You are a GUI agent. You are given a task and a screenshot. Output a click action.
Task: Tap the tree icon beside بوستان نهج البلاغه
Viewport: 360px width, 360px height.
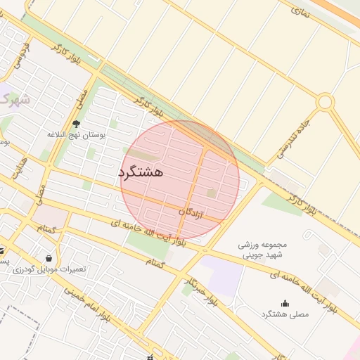click(77, 124)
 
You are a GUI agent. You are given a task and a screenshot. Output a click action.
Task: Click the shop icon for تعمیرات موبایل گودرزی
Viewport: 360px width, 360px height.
click(48, 258)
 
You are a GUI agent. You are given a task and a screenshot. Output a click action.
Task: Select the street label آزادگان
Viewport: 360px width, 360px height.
click(191, 212)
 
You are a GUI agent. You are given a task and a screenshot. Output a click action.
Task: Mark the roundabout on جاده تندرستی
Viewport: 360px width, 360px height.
click(324, 102)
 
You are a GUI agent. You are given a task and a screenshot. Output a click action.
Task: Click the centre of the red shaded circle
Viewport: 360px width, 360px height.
click(180, 180)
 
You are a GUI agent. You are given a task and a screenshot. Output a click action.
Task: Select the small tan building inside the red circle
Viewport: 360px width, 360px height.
click(211, 192)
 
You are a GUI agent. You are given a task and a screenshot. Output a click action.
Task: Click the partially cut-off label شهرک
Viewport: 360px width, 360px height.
click(13, 99)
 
